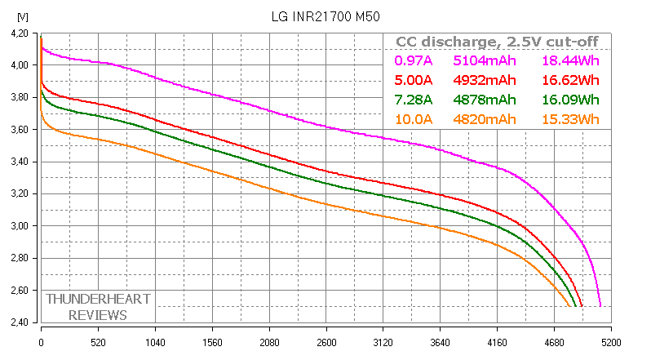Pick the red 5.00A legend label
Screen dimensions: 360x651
pos(414,80)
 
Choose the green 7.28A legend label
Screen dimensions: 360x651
pos(414,100)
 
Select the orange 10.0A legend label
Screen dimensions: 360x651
pos(414,119)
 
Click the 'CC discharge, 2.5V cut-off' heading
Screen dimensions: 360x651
pos(497,42)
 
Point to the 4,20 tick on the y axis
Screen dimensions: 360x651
pos(17,33)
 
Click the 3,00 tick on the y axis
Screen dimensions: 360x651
pos(17,226)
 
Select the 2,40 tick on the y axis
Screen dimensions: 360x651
pos(17,322)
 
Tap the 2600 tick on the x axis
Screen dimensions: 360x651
pos(326,344)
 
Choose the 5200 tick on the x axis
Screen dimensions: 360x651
pos(611,344)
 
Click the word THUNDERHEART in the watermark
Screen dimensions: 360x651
pos(98,299)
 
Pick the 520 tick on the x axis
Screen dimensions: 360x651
pos(98,344)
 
